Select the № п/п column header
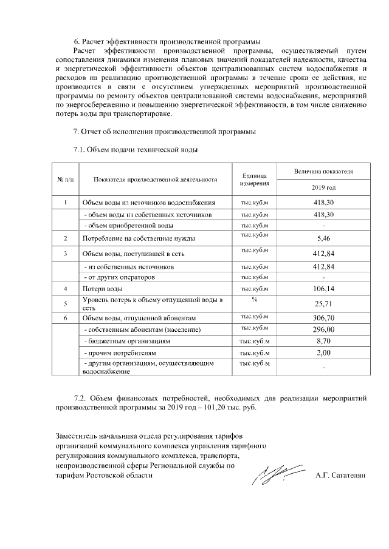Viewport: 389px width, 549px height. pos(65,180)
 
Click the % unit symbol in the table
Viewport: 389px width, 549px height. pos(255,300)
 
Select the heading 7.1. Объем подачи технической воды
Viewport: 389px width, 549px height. pos(136,149)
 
